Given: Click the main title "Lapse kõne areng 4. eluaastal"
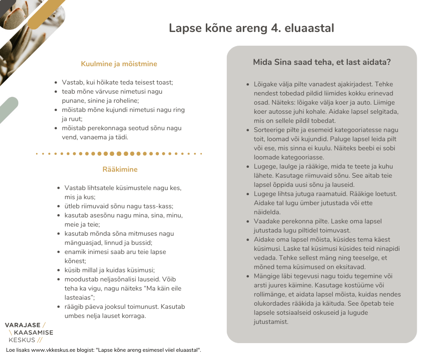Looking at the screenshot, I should coord(251,28).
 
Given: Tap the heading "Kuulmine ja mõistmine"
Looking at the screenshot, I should coord(119,64).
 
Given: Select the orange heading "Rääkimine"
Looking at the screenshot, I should coord(120,169).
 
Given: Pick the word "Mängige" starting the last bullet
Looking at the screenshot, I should coord(267,276).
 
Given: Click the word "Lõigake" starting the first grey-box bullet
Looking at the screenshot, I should coord(266,84).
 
